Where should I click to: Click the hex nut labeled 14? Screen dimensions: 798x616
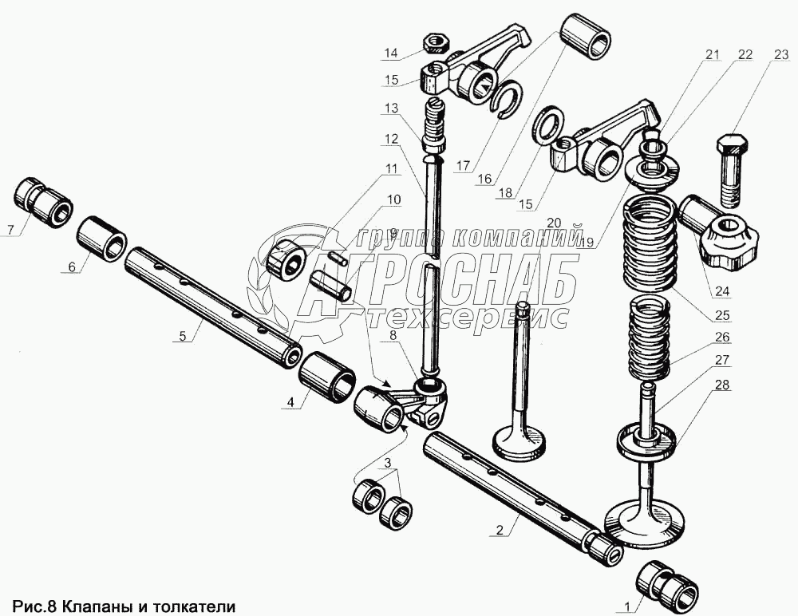click(436, 42)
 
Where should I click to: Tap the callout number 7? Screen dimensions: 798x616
click(10, 229)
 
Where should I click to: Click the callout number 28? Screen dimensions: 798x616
click(722, 385)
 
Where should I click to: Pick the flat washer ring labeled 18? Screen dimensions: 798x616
click(547, 124)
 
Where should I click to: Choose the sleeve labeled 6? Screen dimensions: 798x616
click(102, 238)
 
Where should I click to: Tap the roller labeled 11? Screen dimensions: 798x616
click(285, 258)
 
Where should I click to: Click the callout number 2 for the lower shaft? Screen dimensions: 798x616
click(500, 530)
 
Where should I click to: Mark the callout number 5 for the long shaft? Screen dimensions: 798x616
click(182, 335)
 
